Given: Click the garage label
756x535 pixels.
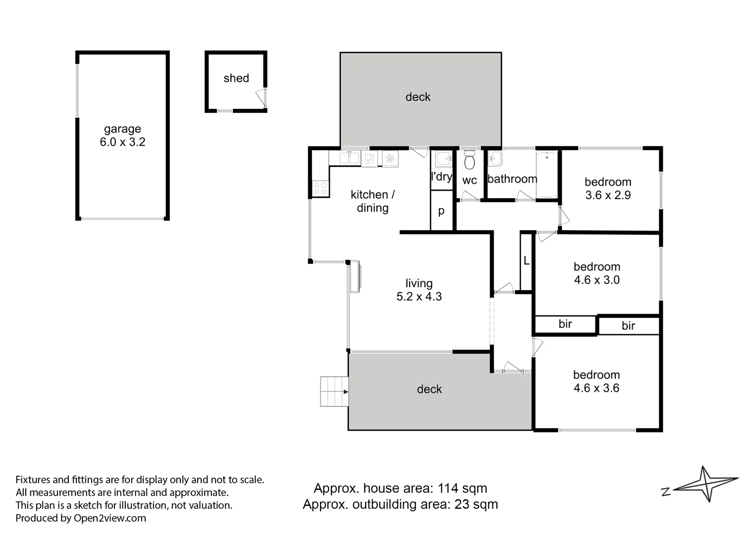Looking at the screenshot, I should tap(122, 129).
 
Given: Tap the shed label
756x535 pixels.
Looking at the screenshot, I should tap(236, 78).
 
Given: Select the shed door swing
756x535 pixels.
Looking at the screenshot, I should tap(260, 98).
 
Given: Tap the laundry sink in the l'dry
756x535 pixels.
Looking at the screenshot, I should tap(443, 159).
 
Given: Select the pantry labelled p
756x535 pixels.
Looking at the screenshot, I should tap(441, 211).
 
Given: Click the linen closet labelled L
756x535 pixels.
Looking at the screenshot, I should tap(526, 261).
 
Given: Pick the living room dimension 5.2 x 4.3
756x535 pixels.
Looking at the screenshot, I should tap(419, 296).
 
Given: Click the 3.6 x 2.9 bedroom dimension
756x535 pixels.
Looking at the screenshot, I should tap(608, 195).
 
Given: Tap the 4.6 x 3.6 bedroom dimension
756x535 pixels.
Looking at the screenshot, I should tap(596, 388).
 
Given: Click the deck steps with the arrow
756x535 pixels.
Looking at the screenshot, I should tap(334, 391).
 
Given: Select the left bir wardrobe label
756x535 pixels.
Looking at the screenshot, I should tap(565, 324).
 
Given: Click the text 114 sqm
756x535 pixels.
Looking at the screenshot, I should tap(462, 488).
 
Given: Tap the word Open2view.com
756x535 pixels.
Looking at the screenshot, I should tap(109, 518).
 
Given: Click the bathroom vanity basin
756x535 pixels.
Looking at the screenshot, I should tap(494, 160).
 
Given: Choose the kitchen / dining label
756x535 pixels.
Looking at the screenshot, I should tap(373, 201).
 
